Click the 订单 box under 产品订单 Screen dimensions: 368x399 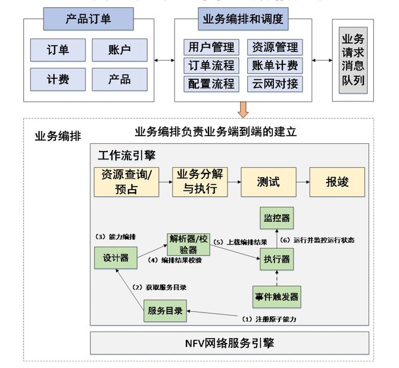57,50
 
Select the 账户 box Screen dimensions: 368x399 119,50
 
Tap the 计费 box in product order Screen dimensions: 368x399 57,79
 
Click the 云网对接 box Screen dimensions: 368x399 275,84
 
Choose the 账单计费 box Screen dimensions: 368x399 275,66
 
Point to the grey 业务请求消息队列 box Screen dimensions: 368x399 353,60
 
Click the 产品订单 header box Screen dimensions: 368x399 88,19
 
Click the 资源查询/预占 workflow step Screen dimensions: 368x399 126,182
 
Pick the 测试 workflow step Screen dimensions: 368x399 268,182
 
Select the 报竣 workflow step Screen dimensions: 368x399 336,182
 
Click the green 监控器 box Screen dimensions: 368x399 276,218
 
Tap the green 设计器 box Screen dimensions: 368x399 115,258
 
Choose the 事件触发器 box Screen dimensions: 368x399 276,296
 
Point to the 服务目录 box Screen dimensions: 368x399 165,311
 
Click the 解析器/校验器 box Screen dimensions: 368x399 188,244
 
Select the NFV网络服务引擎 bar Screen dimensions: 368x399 229,343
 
